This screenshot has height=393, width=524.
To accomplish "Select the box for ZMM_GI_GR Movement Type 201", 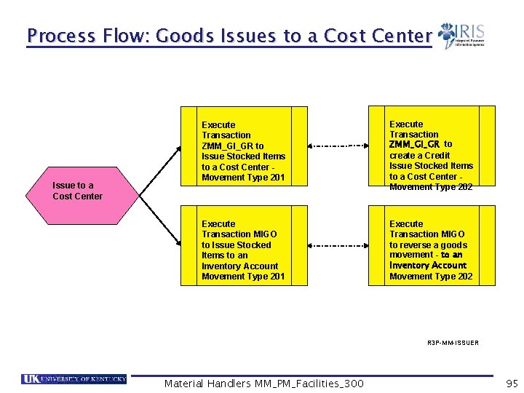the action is point(245,151).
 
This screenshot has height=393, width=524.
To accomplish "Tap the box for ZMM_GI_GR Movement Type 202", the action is point(432,150).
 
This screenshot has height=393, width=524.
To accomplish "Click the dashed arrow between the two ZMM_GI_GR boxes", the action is point(339,146).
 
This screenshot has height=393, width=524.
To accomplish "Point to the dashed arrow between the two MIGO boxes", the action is point(339,247).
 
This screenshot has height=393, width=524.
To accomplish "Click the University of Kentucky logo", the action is point(74,378).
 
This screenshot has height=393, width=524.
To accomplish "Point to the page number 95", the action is point(512,383).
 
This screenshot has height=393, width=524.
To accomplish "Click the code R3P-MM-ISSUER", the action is point(453,342).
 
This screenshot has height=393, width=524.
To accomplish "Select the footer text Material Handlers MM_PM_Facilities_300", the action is point(263,384).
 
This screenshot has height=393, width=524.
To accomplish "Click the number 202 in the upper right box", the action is point(464,187).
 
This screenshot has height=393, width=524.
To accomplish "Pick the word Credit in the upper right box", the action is point(437,155).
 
